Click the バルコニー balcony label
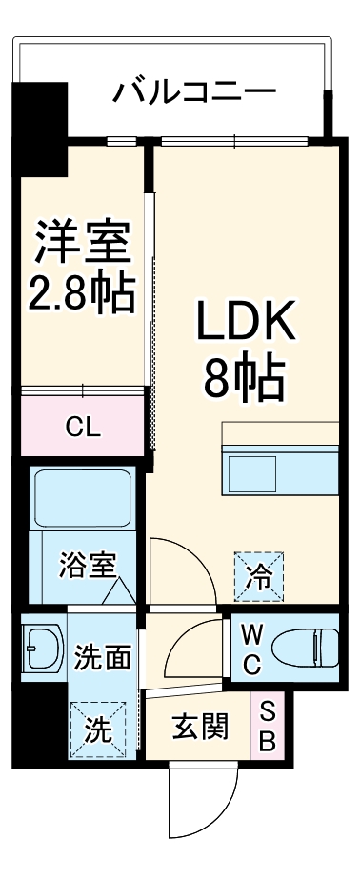[194, 92]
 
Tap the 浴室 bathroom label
[87, 566]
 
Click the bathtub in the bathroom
[82, 496]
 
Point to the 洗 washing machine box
[98, 730]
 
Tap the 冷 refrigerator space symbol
[260, 574]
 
